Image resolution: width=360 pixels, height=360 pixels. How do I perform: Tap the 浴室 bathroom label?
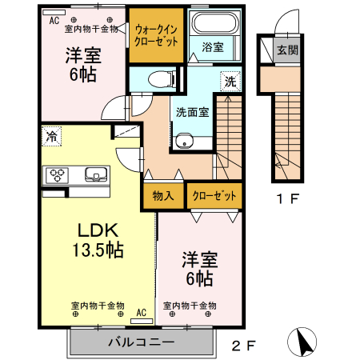(212, 47)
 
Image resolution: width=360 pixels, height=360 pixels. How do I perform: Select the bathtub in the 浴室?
(213, 23)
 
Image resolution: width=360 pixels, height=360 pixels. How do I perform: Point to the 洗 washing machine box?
(230, 81)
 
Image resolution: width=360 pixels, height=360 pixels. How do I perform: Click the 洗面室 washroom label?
(193, 112)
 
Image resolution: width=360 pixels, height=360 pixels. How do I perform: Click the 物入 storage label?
(163, 195)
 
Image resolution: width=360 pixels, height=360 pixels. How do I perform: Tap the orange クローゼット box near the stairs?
(214, 195)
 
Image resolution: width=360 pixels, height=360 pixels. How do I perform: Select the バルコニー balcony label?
(142, 342)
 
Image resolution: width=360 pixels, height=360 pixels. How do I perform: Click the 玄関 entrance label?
(286, 50)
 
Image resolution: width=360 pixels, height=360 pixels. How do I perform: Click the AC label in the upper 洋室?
(54, 20)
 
